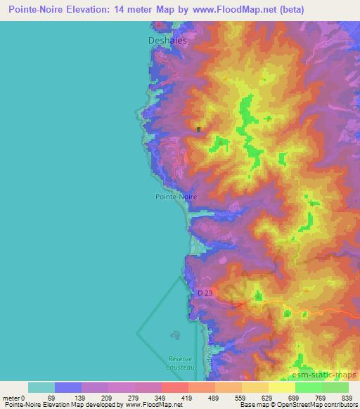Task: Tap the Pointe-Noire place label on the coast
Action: click(176, 197)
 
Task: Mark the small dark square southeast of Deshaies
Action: click(199, 129)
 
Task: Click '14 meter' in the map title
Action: click(140, 10)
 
